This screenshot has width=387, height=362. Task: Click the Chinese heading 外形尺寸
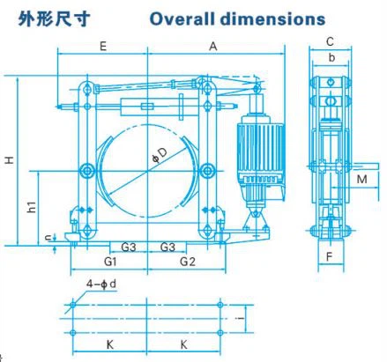click(x=54, y=18)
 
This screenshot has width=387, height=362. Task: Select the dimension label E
click(x=103, y=47)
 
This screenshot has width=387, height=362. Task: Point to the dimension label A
click(x=213, y=47)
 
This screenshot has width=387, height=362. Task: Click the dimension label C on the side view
click(x=329, y=41)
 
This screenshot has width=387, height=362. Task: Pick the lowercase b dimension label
click(x=329, y=59)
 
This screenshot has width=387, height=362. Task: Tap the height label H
click(x=8, y=159)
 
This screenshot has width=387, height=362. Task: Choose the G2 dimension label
click(x=187, y=262)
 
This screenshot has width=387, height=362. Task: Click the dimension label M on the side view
click(x=361, y=180)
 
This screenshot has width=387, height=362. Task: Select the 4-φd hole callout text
click(x=99, y=284)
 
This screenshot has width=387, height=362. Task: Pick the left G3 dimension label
click(x=129, y=246)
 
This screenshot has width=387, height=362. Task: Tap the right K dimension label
click(x=183, y=344)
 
